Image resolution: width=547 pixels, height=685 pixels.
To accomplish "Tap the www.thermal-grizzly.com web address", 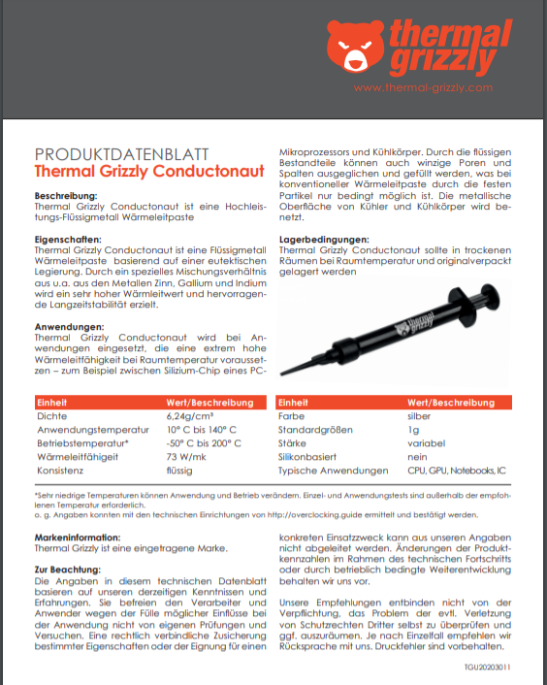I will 424,87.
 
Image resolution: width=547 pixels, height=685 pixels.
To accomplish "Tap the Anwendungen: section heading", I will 69,327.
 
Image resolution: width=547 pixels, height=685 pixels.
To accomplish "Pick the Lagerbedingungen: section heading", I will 324,239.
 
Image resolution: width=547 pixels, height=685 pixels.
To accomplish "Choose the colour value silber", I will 420,414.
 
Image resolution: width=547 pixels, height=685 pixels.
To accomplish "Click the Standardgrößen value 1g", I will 413,428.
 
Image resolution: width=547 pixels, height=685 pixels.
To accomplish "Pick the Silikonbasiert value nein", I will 418,455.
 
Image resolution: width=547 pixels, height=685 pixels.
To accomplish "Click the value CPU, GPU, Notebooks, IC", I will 456,470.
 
